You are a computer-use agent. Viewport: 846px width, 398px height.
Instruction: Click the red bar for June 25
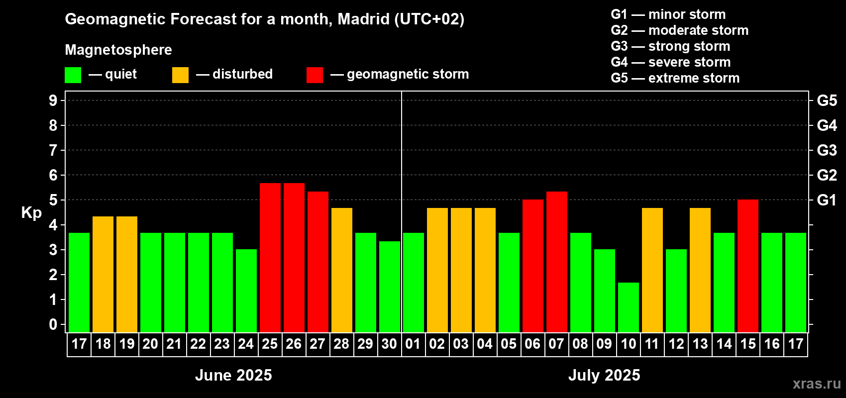click(x=270, y=258)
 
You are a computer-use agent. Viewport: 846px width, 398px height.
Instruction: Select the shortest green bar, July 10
click(x=629, y=307)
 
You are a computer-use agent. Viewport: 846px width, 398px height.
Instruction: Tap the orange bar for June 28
click(x=342, y=270)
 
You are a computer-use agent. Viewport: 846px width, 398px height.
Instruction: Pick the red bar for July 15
click(x=748, y=266)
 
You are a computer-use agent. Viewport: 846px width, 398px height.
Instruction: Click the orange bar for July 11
click(x=652, y=270)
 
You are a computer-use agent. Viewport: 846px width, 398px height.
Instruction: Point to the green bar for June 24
click(x=246, y=291)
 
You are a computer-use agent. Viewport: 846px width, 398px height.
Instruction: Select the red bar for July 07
click(x=557, y=262)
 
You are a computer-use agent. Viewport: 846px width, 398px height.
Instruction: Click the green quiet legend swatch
click(x=73, y=75)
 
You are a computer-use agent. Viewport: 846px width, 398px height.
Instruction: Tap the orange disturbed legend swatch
click(x=180, y=75)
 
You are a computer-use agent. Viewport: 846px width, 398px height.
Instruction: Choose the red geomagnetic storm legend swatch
click(x=315, y=75)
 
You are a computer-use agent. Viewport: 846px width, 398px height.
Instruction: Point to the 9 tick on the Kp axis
click(x=53, y=100)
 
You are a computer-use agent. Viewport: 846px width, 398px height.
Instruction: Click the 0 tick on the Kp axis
click(x=53, y=325)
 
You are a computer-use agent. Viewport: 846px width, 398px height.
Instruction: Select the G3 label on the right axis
click(x=827, y=150)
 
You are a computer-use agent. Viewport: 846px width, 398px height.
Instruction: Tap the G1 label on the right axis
click(x=827, y=200)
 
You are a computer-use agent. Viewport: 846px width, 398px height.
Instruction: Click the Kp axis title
click(x=31, y=213)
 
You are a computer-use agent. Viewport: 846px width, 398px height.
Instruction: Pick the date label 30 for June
click(x=389, y=344)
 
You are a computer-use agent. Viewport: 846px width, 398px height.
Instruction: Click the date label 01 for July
click(x=413, y=344)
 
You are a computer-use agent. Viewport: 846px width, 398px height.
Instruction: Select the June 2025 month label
click(x=233, y=375)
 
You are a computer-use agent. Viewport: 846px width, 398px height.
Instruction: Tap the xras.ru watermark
click(x=817, y=384)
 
